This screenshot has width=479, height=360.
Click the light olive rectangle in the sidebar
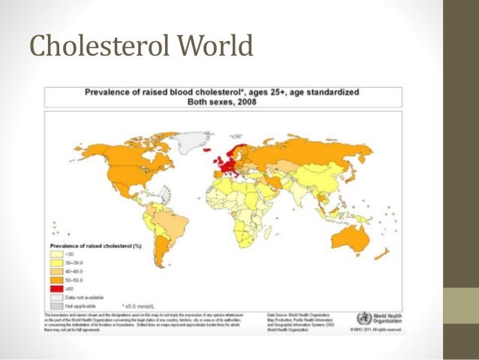pyautogui.click(x=461, y=305)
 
